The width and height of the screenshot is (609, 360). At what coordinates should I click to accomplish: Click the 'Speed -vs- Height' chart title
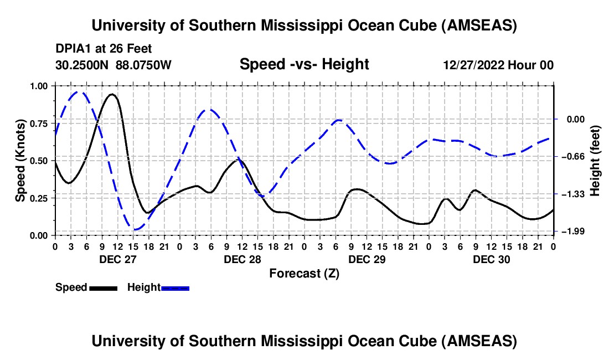coord(304,65)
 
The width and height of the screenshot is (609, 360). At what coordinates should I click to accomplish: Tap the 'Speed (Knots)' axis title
coord(20,160)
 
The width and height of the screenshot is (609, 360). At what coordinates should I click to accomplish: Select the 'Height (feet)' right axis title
coord(595,160)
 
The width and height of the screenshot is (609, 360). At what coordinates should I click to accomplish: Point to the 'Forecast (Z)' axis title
coord(304,273)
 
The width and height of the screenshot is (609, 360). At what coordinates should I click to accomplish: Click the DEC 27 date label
coord(117,259)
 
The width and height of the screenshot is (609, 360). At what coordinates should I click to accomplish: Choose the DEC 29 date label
coord(367,259)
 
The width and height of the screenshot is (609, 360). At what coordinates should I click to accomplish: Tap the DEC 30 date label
coord(491,259)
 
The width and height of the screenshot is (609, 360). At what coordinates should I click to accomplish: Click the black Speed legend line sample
coord(103,287)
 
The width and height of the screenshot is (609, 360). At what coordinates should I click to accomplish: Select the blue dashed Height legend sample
coord(176,287)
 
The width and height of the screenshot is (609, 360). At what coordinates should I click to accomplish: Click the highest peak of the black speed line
coord(112,94)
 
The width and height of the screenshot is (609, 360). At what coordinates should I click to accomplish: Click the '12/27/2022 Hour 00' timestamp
coord(498,65)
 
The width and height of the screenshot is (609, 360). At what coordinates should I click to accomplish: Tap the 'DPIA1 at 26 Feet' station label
coord(104,49)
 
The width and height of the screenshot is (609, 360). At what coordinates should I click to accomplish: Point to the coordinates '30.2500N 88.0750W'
coord(113,65)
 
